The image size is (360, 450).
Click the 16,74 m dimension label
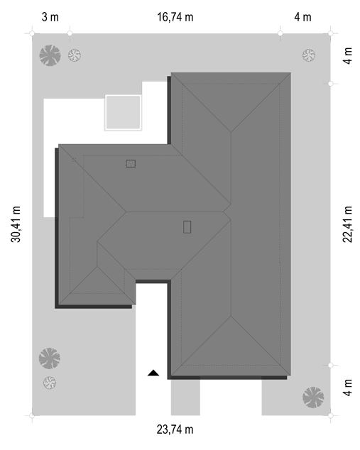(175, 17)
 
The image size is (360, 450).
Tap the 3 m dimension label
(50, 17)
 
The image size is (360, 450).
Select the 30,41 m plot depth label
(16, 224)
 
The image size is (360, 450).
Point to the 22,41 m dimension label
(347, 224)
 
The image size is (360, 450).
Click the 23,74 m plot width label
(175, 429)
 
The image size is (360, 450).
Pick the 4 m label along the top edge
(302, 17)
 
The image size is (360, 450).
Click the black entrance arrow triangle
(153, 373)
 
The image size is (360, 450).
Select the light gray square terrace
(123, 112)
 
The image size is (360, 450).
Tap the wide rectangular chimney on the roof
(131, 163)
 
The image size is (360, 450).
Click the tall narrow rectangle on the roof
(187, 226)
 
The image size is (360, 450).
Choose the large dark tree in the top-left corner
(50, 55)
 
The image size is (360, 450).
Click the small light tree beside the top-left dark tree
(75, 55)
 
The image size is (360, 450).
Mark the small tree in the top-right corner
(309, 55)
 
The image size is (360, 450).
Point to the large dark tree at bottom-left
(50, 358)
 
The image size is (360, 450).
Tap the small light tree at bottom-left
(50, 383)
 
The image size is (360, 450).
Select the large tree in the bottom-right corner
(313, 397)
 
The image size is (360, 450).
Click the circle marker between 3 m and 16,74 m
(70, 33)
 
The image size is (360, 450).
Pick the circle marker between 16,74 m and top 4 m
(280, 33)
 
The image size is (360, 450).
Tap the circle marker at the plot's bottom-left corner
(32, 415)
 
